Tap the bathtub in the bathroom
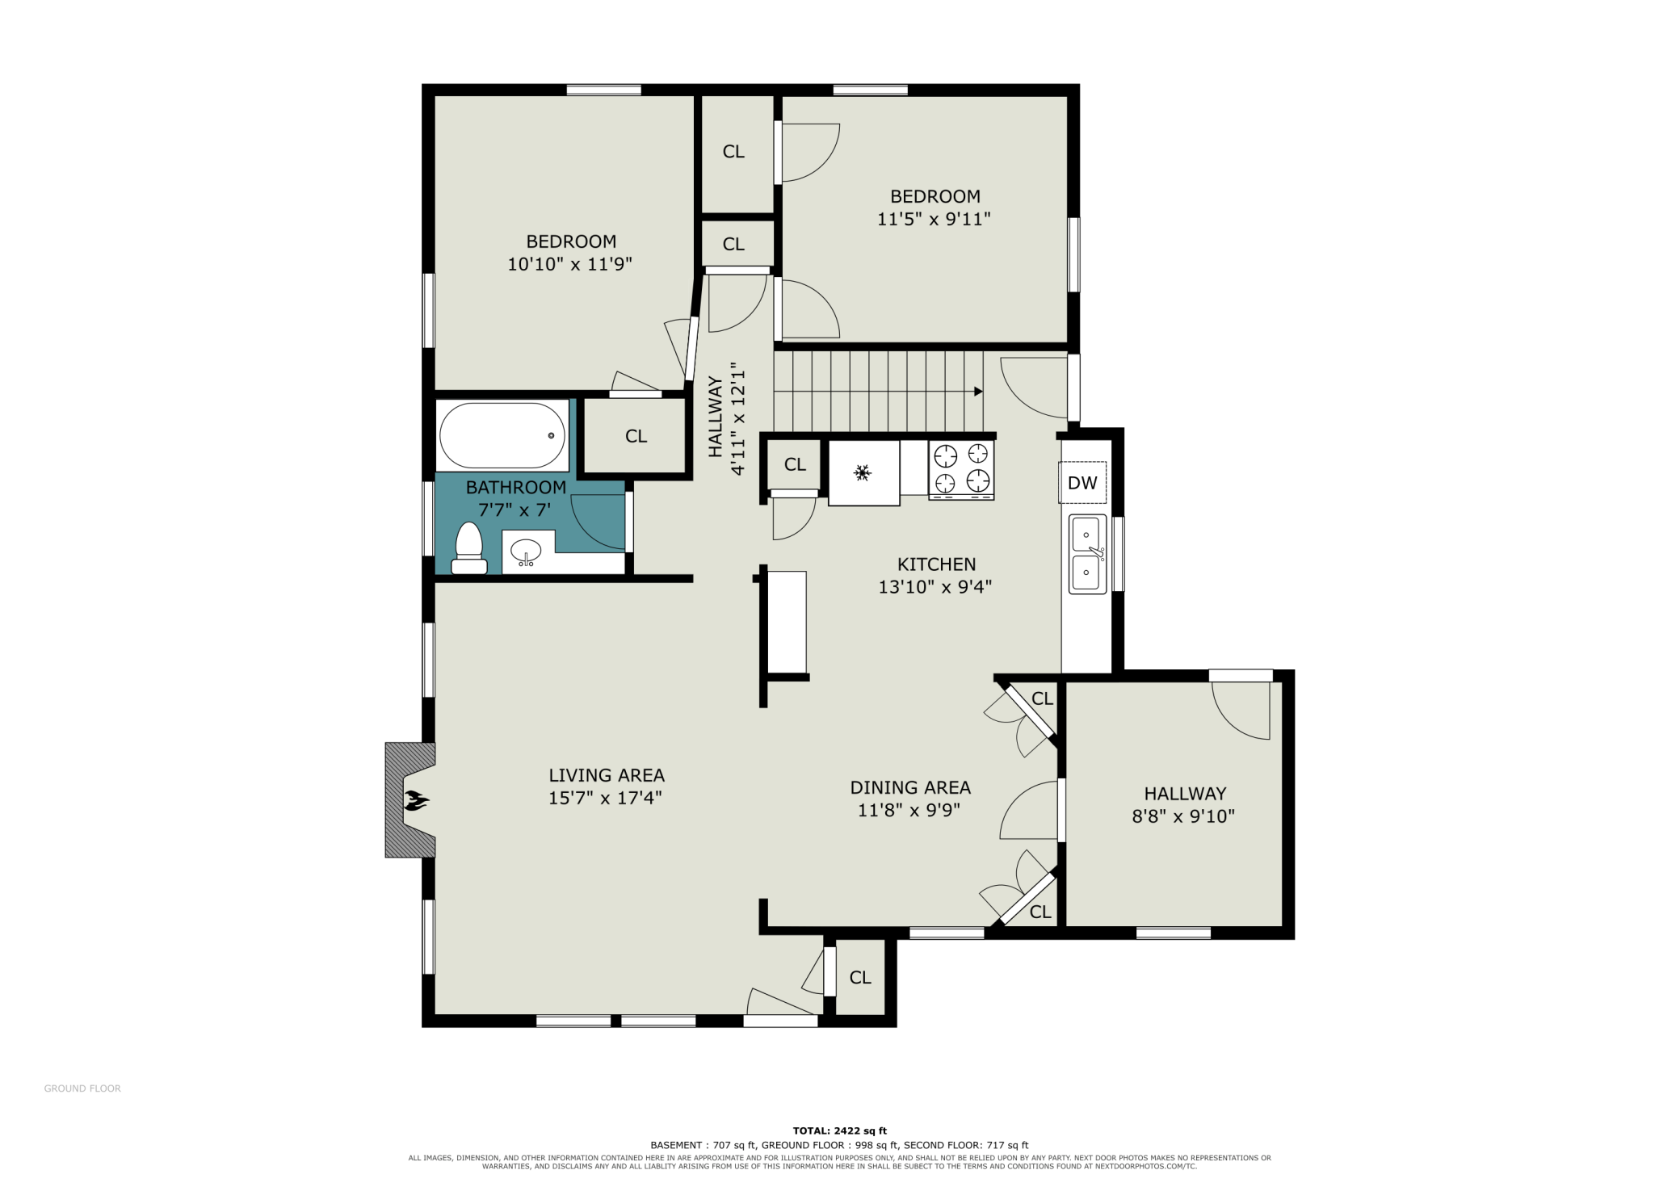(x=502, y=435)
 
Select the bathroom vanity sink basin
(x=526, y=552)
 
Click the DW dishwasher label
(x=1082, y=483)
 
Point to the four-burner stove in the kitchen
(x=961, y=470)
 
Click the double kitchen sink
(x=1087, y=554)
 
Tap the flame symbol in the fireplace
(x=417, y=800)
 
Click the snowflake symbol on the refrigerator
(x=863, y=472)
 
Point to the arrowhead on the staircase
(x=978, y=392)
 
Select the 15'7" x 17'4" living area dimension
(x=605, y=798)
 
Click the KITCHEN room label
(x=936, y=564)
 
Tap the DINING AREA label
(x=910, y=787)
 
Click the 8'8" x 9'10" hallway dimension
(x=1183, y=816)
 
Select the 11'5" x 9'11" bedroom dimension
(x=934, y=219)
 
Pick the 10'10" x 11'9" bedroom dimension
(x=569, y=264)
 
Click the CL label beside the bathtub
(x=636, y=436)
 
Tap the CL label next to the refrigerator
(x=795, y=464)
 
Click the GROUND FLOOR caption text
(x=82, y=1088)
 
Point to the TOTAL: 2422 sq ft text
(x=840, y=1130)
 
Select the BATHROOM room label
(x=516, y=488)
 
